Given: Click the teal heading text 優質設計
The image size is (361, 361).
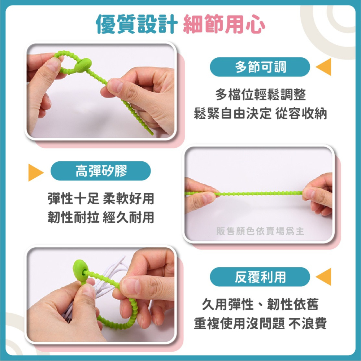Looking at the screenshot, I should [137, 24].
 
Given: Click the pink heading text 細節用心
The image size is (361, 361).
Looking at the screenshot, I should [224, 24].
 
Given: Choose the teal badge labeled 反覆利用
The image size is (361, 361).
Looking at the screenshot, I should [260, 277].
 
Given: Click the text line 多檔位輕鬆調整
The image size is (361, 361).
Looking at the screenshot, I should [260, 95].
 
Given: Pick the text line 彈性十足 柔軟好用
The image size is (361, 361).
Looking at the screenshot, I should [101, 198].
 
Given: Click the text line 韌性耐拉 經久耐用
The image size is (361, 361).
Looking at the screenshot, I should [101, 217].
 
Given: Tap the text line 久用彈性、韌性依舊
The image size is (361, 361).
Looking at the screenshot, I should [260, 305].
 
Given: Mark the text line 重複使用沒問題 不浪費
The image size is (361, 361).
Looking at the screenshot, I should [260, 323].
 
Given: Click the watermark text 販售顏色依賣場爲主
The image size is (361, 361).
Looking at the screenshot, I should [260, 231].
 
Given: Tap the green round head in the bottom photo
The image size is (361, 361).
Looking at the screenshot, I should [80, 269].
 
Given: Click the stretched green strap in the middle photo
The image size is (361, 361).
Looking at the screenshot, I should [260, 193].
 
